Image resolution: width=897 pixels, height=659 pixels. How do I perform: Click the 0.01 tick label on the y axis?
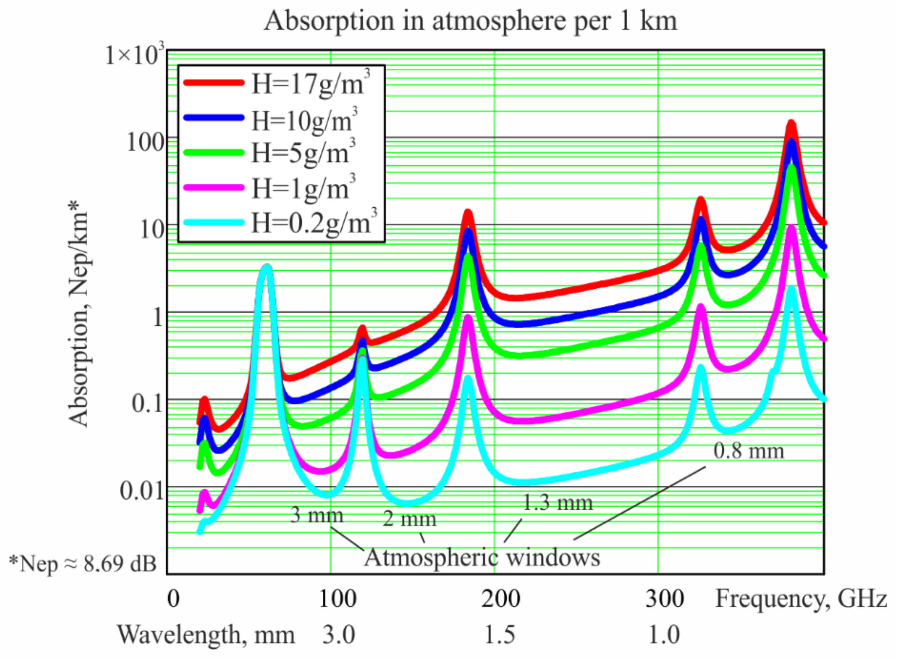[142, 490]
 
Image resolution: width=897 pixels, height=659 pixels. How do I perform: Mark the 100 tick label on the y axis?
[145, 142]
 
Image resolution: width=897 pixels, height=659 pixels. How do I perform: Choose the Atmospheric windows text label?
[482, 557]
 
